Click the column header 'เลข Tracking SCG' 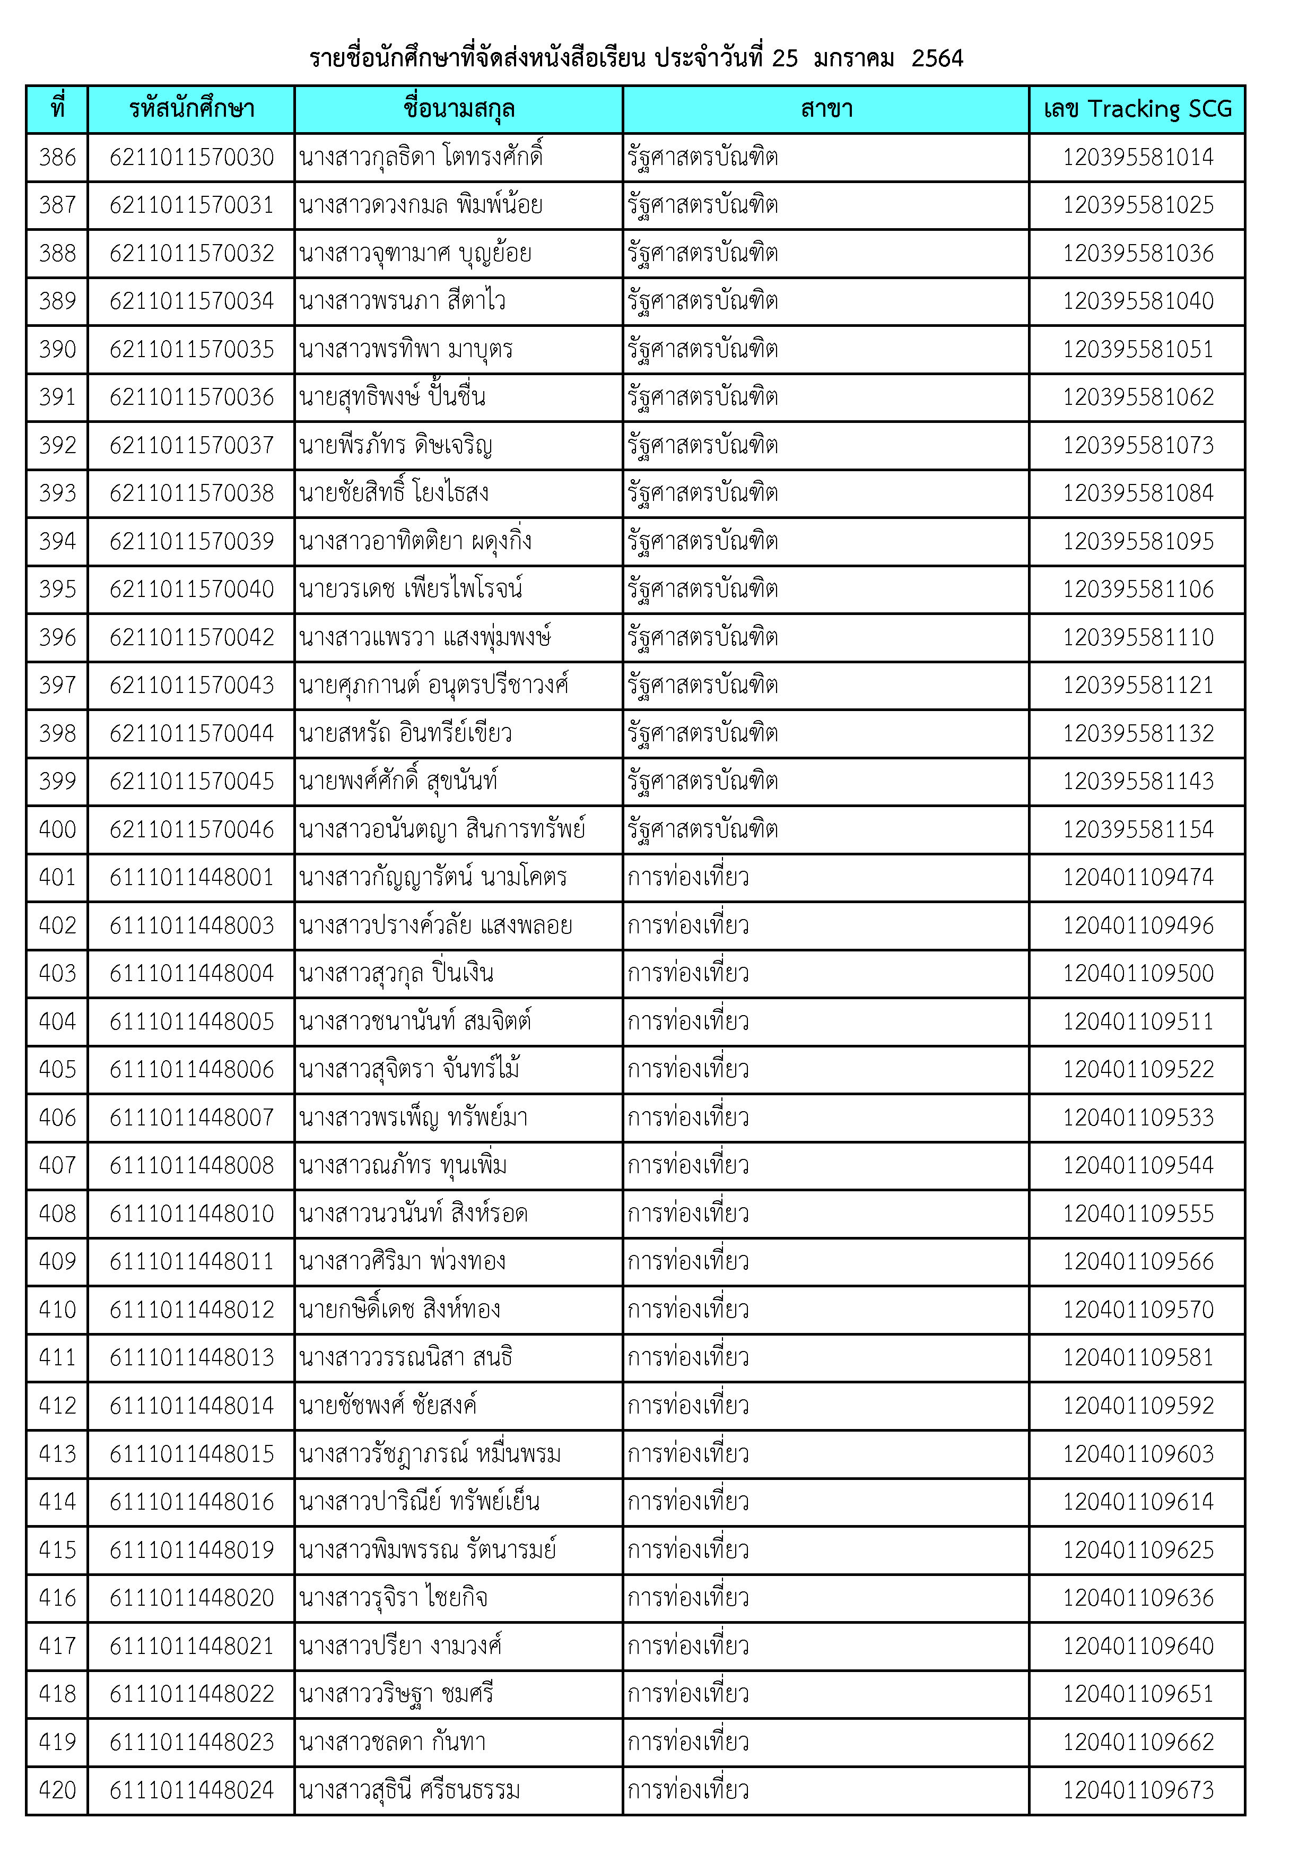(x=1137, y=109)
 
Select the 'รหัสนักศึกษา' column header (x=191, y=109)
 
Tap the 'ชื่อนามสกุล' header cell (x=458, y=109)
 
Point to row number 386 (x=58, y=157)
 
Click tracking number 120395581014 (x=1138, y=157)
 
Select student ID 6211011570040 (x=191, y=590)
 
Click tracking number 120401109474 (x=1138, y=878)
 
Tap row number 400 (x=58, y=829)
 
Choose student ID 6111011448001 (x=191, y=878)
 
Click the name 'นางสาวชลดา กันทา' (x=393, y=1742)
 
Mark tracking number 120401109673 (x=1138, y=1790)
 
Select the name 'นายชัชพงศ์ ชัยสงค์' (x=388, y=1406)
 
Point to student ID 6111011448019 (x=191, y=1550)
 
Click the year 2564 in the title (x=937, y=58)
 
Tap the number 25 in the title (x=784, y=58)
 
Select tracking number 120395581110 (x=1138, y=637)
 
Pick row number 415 (x=58, y=1550)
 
